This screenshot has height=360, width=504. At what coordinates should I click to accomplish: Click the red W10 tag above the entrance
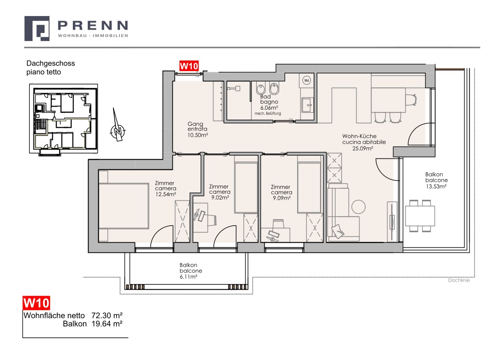click(x=188, y=66)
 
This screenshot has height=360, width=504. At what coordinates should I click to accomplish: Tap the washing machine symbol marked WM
click(x=306, y=80)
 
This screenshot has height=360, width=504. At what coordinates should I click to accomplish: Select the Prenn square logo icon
click(x=37, y=29)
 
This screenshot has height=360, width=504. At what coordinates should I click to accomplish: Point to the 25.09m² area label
click(x=363, y=148)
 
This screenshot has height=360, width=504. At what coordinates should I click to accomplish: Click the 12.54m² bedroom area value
click(x=166, y=194)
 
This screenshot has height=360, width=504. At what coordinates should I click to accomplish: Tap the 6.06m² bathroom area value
click(x=269, y=108)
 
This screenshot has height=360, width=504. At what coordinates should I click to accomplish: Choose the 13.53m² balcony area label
click(x=436, y=186)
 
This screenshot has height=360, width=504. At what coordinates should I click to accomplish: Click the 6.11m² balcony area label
click(x=188, y=277)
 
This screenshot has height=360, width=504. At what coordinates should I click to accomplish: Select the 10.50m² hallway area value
click(x=198, y=135)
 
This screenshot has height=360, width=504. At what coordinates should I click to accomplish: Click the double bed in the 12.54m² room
click(x=124, y=206)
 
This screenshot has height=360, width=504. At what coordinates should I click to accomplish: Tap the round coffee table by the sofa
click(x=358, y=207)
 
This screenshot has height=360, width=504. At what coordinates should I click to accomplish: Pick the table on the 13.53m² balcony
click(x=420, y=216)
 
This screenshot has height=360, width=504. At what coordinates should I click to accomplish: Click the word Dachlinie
click(x=459, y=280)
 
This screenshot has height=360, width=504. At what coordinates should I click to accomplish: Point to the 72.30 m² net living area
click(x=107, y=316)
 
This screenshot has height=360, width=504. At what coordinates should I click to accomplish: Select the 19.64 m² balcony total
click(x=107, y=324)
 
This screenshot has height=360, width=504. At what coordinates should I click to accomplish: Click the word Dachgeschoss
click(x=50, y=64)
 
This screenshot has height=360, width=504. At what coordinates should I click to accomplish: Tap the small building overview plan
click(x=64, y=119)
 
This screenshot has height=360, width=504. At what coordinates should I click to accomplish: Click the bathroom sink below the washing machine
click(x=307, y=105)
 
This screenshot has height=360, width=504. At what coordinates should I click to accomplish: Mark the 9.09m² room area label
click(x=282, y=198)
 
